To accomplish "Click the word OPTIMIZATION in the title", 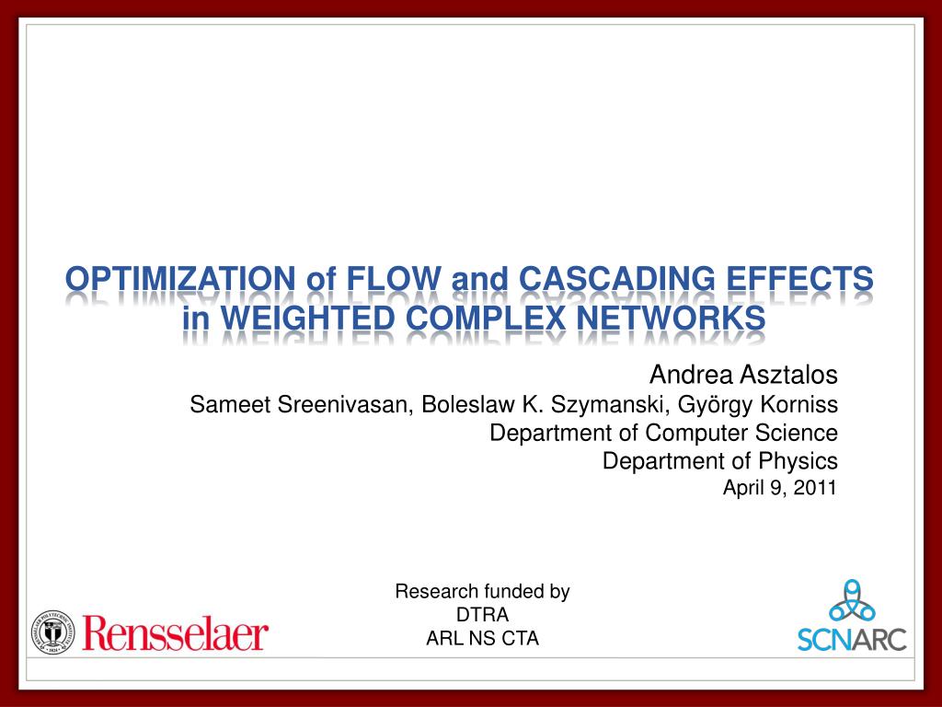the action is point(180,279).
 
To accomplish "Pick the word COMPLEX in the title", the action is point(486,318).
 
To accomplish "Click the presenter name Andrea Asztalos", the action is point(743,375).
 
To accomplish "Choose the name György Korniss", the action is point(758,405).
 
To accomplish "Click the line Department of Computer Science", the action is point(663,433).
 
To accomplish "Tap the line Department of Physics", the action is point(719,461).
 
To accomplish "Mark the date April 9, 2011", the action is point(780,488).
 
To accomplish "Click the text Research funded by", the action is point(482,592).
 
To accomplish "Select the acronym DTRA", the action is point(482,615).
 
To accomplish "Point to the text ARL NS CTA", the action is point(482,639).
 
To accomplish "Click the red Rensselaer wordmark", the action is point(176,632).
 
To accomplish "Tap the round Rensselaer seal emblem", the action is point(53,632).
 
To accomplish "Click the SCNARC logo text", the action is point(852,639).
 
